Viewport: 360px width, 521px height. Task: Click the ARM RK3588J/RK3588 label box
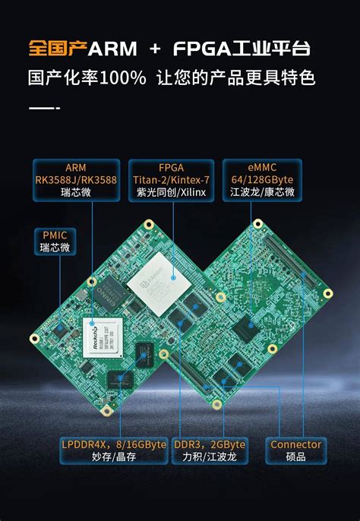75,180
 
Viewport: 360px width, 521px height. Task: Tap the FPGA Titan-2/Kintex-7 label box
172,180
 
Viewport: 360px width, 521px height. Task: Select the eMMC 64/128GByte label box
261,180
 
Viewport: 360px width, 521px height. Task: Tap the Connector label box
295,450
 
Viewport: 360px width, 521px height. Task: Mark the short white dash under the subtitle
41,109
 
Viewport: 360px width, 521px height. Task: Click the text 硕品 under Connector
295,457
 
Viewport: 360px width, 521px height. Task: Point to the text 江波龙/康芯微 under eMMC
261,194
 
